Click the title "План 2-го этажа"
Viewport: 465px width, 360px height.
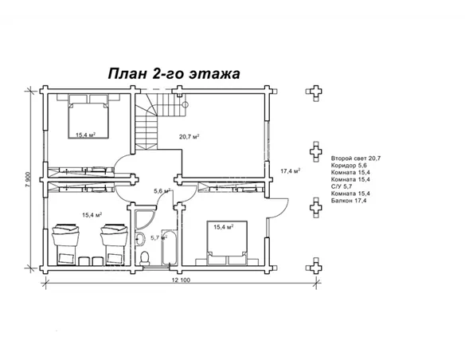tap(174, 73)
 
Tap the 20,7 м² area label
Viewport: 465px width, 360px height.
tap(189, 137)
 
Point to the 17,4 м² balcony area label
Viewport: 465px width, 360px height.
tap(290, 171)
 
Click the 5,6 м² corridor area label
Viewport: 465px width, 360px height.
tap(162, 191)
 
